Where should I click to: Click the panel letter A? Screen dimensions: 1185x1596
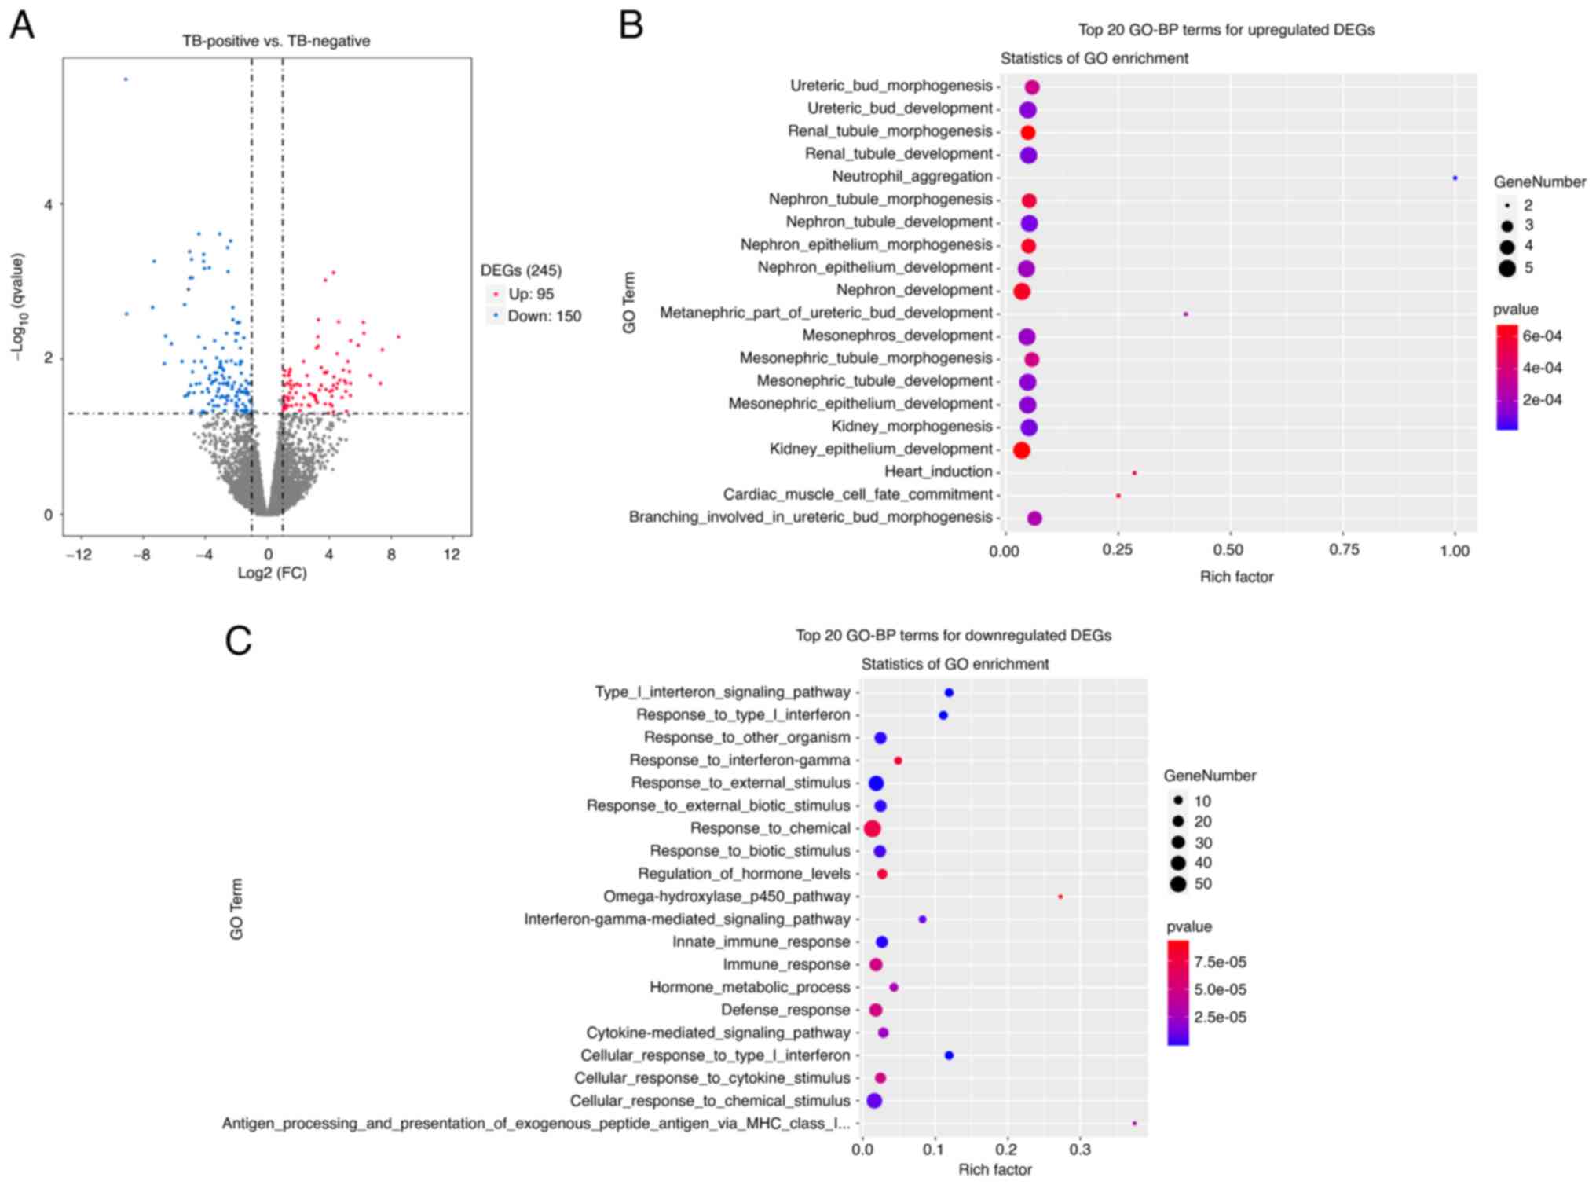(x=22, y=25)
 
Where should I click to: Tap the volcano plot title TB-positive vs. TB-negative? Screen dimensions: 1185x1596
(x=276, y=41)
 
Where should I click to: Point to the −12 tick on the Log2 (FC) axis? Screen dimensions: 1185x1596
(x=79, y=555)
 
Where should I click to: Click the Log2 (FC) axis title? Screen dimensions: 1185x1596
(x=272, y=573)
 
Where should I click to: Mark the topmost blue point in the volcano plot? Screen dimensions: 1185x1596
(x=126, y=79)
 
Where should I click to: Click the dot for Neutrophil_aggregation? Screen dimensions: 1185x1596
(x=1455, y=178)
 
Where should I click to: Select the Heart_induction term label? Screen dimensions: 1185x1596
(x=938, y=471)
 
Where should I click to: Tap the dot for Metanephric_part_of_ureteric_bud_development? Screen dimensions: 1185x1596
(x=1185, y=314)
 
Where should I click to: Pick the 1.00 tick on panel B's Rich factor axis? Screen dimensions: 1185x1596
(x=1455, y=551)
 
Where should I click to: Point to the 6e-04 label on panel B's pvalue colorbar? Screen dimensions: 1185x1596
(x=1542, y=336)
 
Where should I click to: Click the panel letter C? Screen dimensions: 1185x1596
(x=238, y=640)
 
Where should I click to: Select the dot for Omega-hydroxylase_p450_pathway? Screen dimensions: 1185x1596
(x=1060, y=897)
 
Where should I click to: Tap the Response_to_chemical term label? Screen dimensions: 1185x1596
(x=770, y=828)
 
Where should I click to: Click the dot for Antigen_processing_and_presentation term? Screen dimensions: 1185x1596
(x=1134, y=1124)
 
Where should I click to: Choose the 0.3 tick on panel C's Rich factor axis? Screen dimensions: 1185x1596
(x=1079, y=1150)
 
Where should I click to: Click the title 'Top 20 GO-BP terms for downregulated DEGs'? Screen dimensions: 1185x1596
(x=953, y=635)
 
